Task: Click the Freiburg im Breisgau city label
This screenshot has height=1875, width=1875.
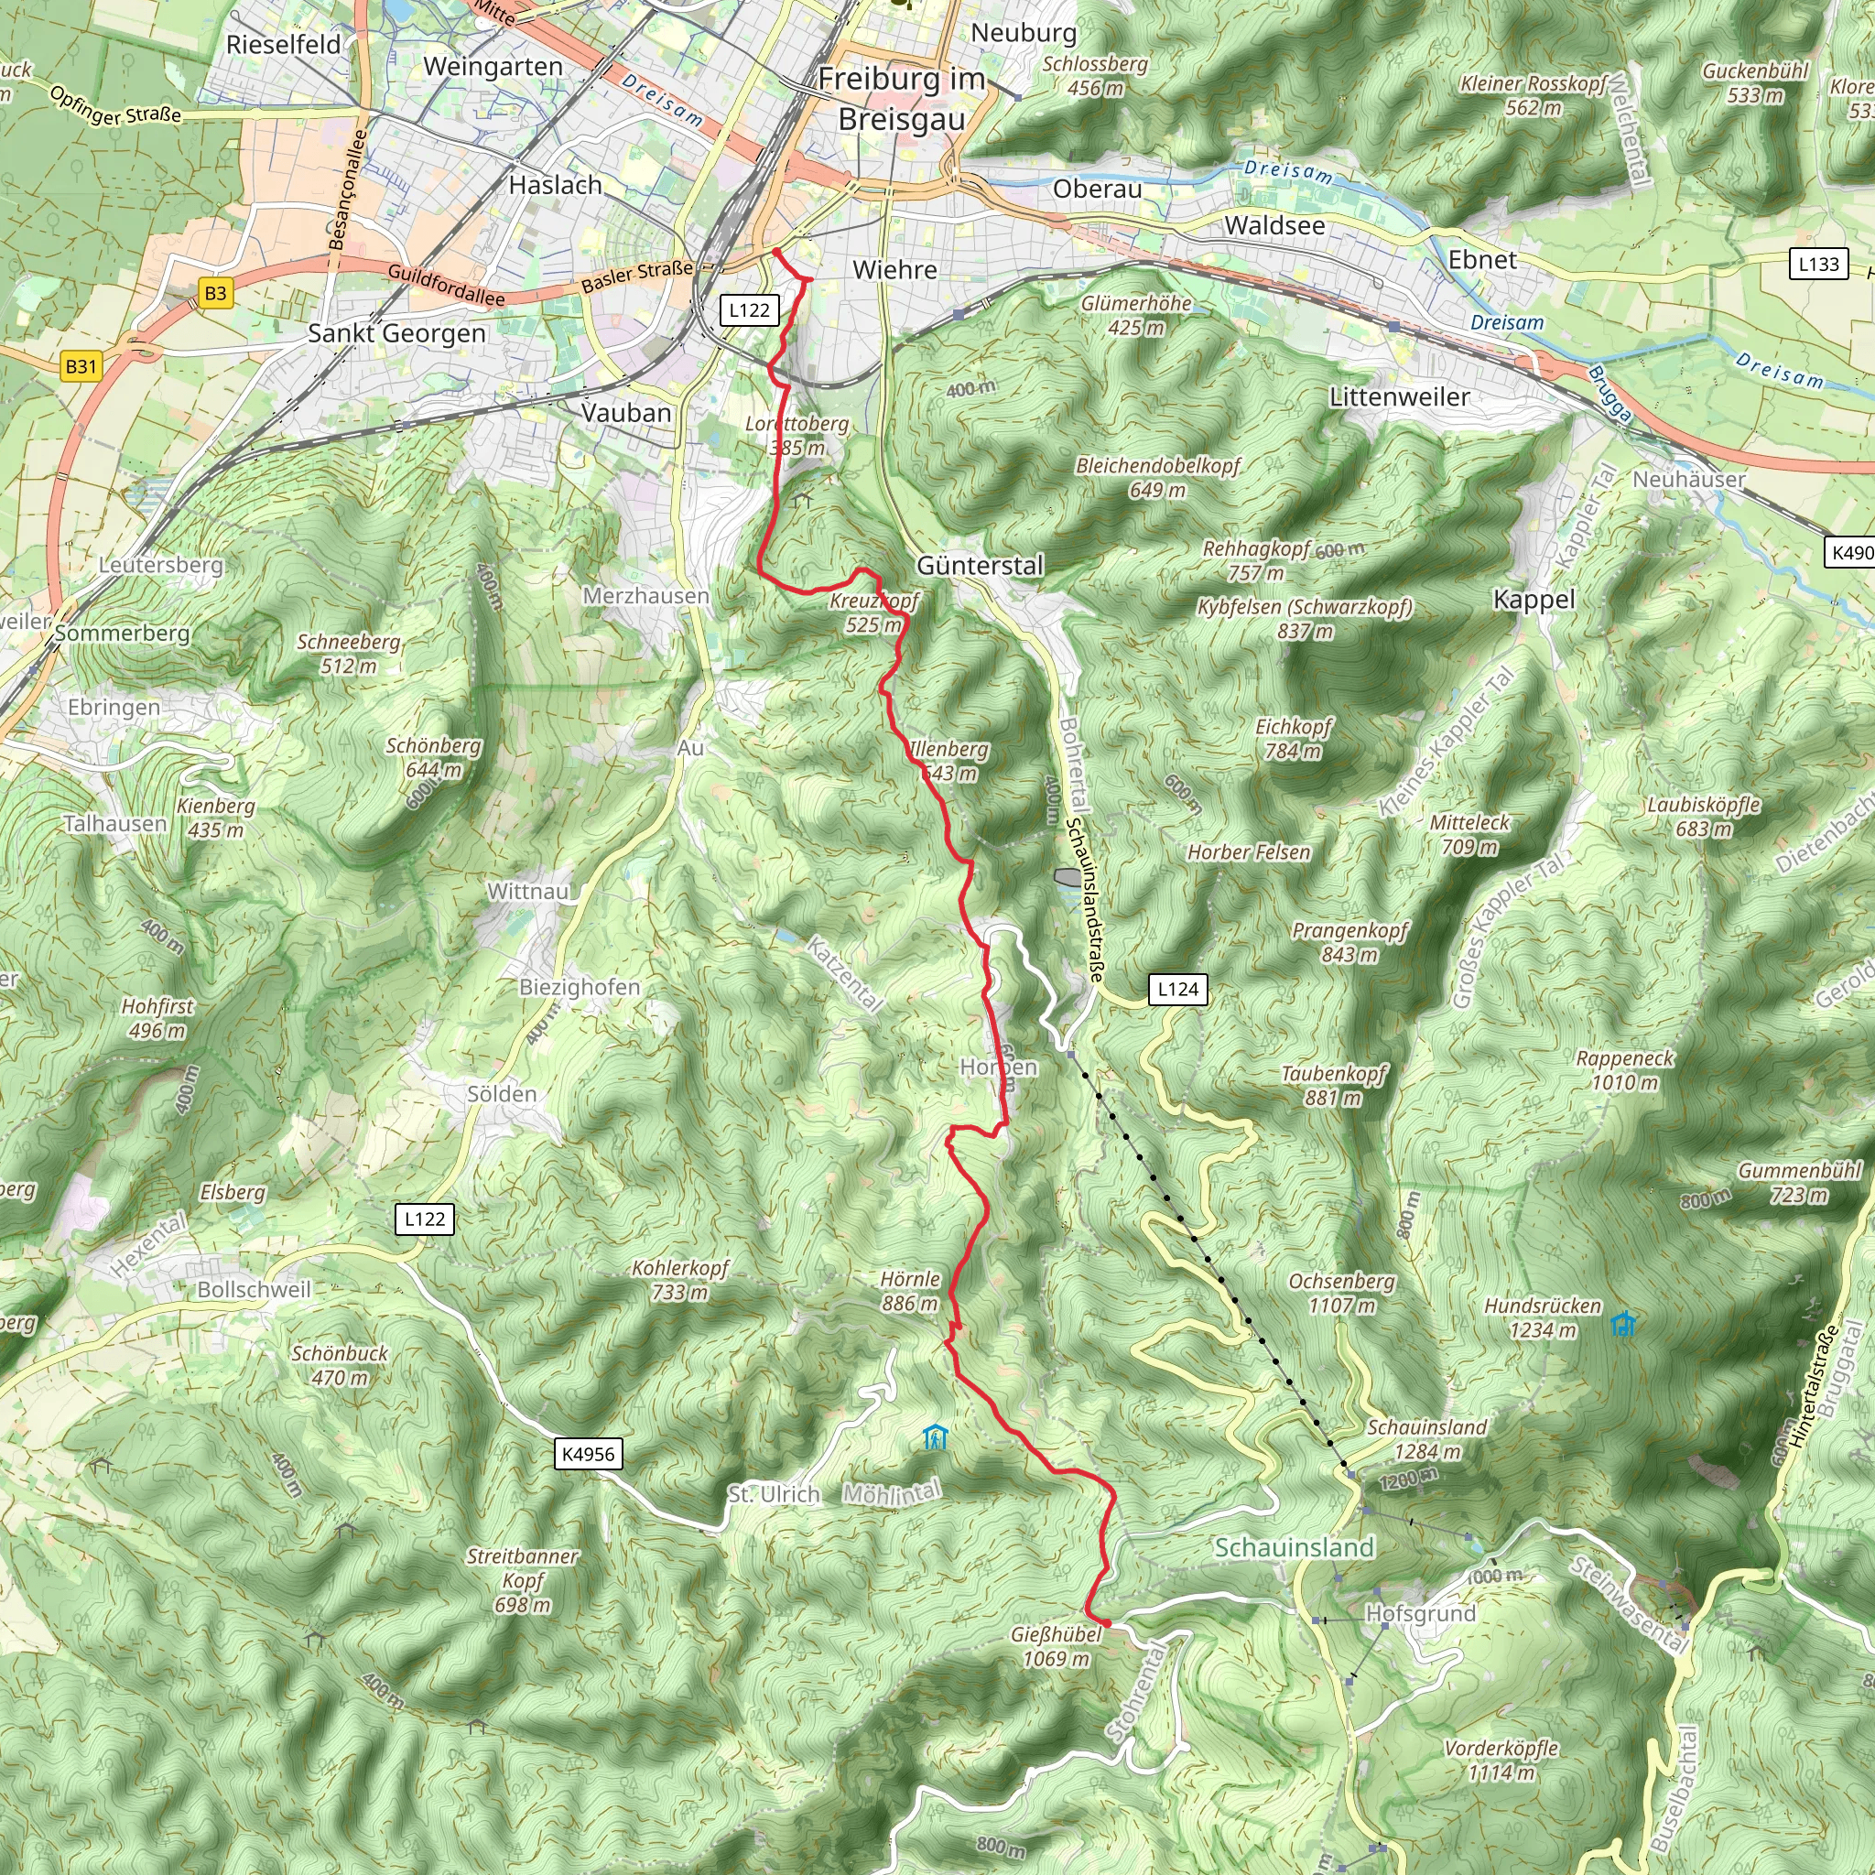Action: (902, 99)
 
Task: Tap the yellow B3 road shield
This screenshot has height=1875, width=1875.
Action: (215, 293)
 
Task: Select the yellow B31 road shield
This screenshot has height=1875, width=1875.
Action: (81, 366)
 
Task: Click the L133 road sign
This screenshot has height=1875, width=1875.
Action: (1817, 264)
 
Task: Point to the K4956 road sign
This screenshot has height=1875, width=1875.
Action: (588, 1454)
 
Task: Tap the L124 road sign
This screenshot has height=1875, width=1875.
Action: (1178, 989)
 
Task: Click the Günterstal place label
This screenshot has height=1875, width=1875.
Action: (980, 566)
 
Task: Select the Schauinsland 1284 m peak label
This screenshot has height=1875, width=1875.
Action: (1426, 1439)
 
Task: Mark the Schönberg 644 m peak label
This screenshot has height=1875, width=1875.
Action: (433, 757)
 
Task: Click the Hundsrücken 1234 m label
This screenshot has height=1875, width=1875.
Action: (1542, 1318)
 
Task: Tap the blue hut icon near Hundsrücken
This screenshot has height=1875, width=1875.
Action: (1623, 1324)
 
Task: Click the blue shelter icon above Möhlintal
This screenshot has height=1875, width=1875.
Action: (935, 1437)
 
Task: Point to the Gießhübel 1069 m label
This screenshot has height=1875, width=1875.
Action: (1056, 1646)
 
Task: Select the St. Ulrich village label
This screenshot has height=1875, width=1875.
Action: (774, 1494)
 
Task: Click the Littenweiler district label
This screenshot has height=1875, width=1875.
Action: (1399, 397)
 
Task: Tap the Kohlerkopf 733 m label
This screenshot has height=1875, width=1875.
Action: (679, 1280)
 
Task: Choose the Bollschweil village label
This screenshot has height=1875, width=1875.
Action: (255, 1290)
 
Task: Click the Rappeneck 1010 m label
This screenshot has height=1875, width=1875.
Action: (1625, 1069)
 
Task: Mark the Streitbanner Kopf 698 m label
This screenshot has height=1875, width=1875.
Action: (522, 1581)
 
